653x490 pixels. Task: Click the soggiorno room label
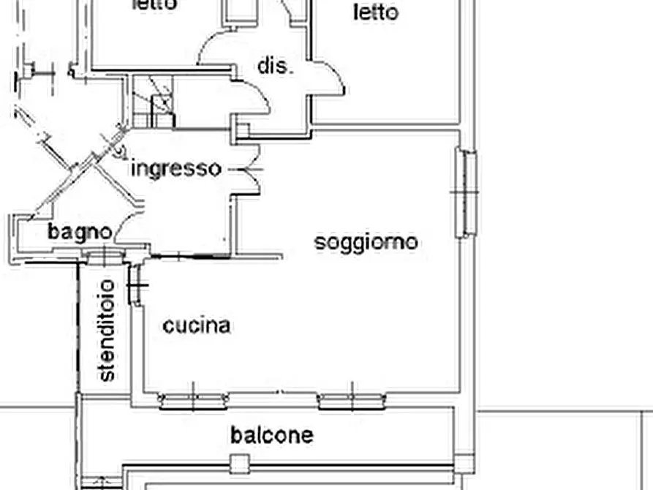(x=366, y=242)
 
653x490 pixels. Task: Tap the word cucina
(x=196, y=325)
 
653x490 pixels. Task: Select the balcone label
(x=271, y=435)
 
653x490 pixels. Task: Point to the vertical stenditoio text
(x=107, y=330)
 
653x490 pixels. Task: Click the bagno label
(x=80, y=233)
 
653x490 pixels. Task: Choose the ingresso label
(x=175, y=169)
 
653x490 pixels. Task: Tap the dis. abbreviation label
(x=275, y=67)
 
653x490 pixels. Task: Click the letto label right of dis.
(x=376, y=12)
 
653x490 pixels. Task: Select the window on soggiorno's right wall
(x=465, y=193)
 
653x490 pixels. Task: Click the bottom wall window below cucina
(x=193, y=400)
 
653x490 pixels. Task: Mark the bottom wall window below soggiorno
(x=352, y=400)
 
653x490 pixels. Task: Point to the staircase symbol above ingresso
(x=153, y=102)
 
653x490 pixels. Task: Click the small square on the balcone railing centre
(x=239, y=462)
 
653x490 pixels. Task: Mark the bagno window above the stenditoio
(x=105, y=256)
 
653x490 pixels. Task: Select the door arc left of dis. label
(x=216, y=48)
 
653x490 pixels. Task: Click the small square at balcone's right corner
(x=463, y=463)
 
